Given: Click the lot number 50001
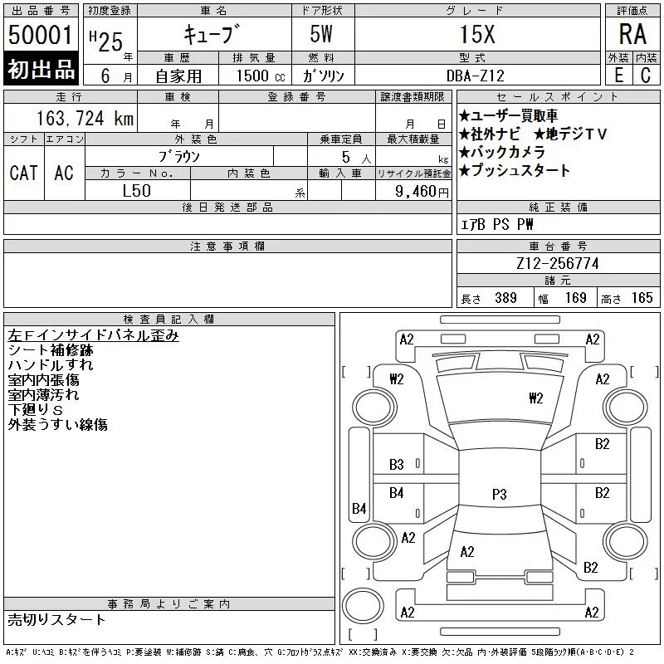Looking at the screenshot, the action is [40, 35].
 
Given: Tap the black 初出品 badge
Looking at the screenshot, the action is [41, 69].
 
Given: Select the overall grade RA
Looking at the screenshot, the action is [632, 34].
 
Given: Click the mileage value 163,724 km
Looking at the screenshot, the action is [85, 119].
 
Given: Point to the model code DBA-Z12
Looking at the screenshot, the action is [476, 76].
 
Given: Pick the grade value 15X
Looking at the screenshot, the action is [477, 34].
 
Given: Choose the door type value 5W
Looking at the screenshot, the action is [321, 34].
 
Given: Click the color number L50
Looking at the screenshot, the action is [136, 191].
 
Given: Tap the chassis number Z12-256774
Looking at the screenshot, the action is [557, 263].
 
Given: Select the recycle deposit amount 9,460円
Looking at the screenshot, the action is [422, 192].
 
